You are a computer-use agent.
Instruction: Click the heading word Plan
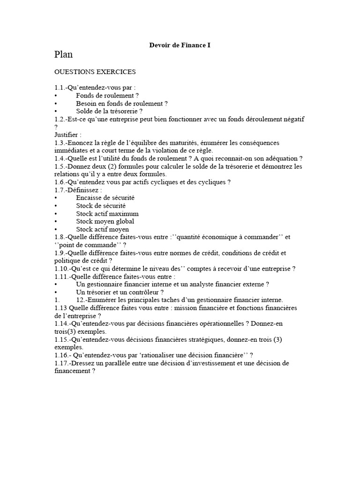(x=63, y=55)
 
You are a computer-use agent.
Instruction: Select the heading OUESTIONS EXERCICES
(x=95, y=72)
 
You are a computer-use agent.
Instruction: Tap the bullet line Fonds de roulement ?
(x=105, y=95)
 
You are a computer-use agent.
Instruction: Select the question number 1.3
(x=60, y=142)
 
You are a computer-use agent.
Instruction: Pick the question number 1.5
(x=60, y=166)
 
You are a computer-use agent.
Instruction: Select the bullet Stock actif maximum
(x=107, y=213)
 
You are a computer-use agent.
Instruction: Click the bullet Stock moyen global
(x=105, y=221)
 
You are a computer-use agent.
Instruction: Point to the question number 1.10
(x=61, y=269)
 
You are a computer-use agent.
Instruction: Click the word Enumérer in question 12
(x=105, y=300)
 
